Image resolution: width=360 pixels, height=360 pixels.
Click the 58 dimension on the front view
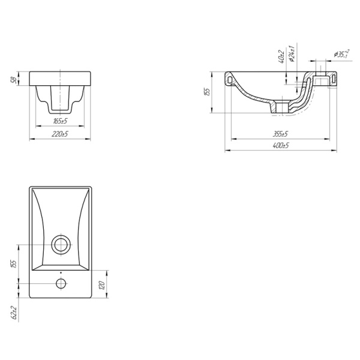tap(14, 79)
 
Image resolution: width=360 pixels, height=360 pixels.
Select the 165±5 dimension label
tap(60, 121)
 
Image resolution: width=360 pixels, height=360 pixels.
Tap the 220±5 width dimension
tap(59, 134)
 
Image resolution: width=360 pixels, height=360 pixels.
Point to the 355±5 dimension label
tap(280, 134)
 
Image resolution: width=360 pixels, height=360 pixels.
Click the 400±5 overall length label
tap(281, 145)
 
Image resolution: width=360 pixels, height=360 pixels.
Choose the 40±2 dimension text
tap(281, 57)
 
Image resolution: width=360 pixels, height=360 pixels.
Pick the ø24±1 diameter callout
tap(292, 54)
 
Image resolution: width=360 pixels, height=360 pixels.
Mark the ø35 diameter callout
tap(342, 54)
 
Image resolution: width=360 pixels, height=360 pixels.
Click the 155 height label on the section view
tap(207, 92)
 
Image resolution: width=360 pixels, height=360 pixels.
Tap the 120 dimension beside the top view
tap(103, 285)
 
